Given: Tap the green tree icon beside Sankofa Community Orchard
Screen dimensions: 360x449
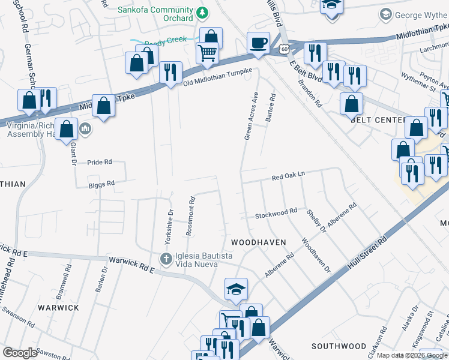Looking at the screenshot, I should (x=203, y=11).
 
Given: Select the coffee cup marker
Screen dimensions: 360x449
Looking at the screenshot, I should (x=258, y=43).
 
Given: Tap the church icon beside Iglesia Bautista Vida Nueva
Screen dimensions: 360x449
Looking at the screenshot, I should (x=166, y=259).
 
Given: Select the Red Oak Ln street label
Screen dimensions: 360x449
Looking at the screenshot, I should (x=289, y=176).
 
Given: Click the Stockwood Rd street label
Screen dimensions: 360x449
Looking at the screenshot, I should (x=276, y=213).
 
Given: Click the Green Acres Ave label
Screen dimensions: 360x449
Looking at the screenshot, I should (x=251, y=116).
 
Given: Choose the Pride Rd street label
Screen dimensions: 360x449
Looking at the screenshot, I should (x=100, y=162).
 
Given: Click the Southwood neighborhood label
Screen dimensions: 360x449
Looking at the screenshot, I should (x=339, y=346).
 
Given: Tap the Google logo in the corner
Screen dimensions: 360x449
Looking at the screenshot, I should (x=20, y=353).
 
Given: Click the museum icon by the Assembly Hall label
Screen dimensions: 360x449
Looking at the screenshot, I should (x=85, y=128).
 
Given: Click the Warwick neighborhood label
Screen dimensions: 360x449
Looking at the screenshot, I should (x=58, y=307).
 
